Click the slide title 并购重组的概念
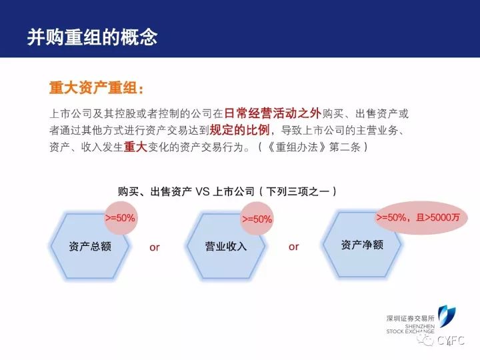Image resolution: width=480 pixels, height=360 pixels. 92,37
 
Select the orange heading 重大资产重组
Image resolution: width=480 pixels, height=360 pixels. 93,88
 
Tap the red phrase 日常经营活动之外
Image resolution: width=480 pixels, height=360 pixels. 273,113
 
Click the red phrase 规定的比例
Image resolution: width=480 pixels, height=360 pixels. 239,130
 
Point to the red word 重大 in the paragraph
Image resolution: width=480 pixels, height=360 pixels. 135,147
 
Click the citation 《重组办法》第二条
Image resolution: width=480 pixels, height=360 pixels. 313,147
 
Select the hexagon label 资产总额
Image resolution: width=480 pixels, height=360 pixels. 90,247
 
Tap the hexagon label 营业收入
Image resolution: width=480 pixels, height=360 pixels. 226,247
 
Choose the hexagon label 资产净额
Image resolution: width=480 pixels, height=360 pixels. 362,245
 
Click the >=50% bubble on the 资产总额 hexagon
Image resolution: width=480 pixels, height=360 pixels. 120,218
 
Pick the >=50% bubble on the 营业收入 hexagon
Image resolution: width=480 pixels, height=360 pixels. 257,219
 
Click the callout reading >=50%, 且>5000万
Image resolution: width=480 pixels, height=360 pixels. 418,217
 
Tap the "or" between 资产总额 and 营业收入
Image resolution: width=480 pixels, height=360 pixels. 155,247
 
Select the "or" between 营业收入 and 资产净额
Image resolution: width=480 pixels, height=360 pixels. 293,247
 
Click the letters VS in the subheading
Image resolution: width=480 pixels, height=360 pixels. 203,191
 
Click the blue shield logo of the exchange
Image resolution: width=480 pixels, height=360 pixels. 446,316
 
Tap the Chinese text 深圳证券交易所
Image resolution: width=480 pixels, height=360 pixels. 410,319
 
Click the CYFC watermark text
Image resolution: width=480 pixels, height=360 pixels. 451,341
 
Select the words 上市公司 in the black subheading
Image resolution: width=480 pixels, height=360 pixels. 233,191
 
